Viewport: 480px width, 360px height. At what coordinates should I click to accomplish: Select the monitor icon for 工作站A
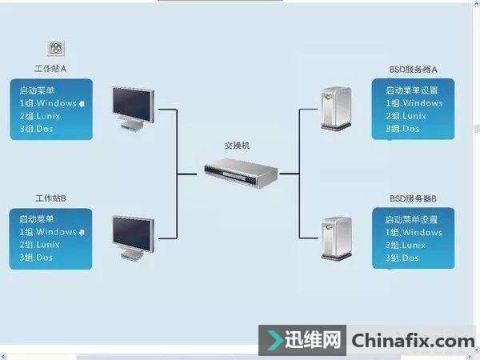click(133, 107)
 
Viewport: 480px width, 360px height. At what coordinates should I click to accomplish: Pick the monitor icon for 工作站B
click(133, 234)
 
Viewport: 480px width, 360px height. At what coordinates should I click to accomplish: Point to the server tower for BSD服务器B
click(334, 236)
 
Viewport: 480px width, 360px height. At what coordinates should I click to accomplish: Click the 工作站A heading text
click(50, 70)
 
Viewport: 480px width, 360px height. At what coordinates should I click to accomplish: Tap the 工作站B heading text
click(50, 198)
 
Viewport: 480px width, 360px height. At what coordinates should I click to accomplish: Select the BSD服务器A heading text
click(412, 70)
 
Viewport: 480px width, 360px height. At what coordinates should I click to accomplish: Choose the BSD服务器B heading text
click(412, 198)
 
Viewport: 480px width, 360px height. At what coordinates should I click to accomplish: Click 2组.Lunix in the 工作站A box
click(40, 116)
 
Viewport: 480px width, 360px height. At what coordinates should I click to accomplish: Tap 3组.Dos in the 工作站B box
click(37, 257)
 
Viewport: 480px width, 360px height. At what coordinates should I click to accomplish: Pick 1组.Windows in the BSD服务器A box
click(414, 103)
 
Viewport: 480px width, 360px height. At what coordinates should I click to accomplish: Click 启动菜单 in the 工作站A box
click(35, 91)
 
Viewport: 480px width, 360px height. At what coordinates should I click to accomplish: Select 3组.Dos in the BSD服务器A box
click(402, 129)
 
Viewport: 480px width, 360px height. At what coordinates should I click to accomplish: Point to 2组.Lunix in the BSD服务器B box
click(406, 245)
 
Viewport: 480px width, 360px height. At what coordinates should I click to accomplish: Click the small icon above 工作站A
click(57, 49)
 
